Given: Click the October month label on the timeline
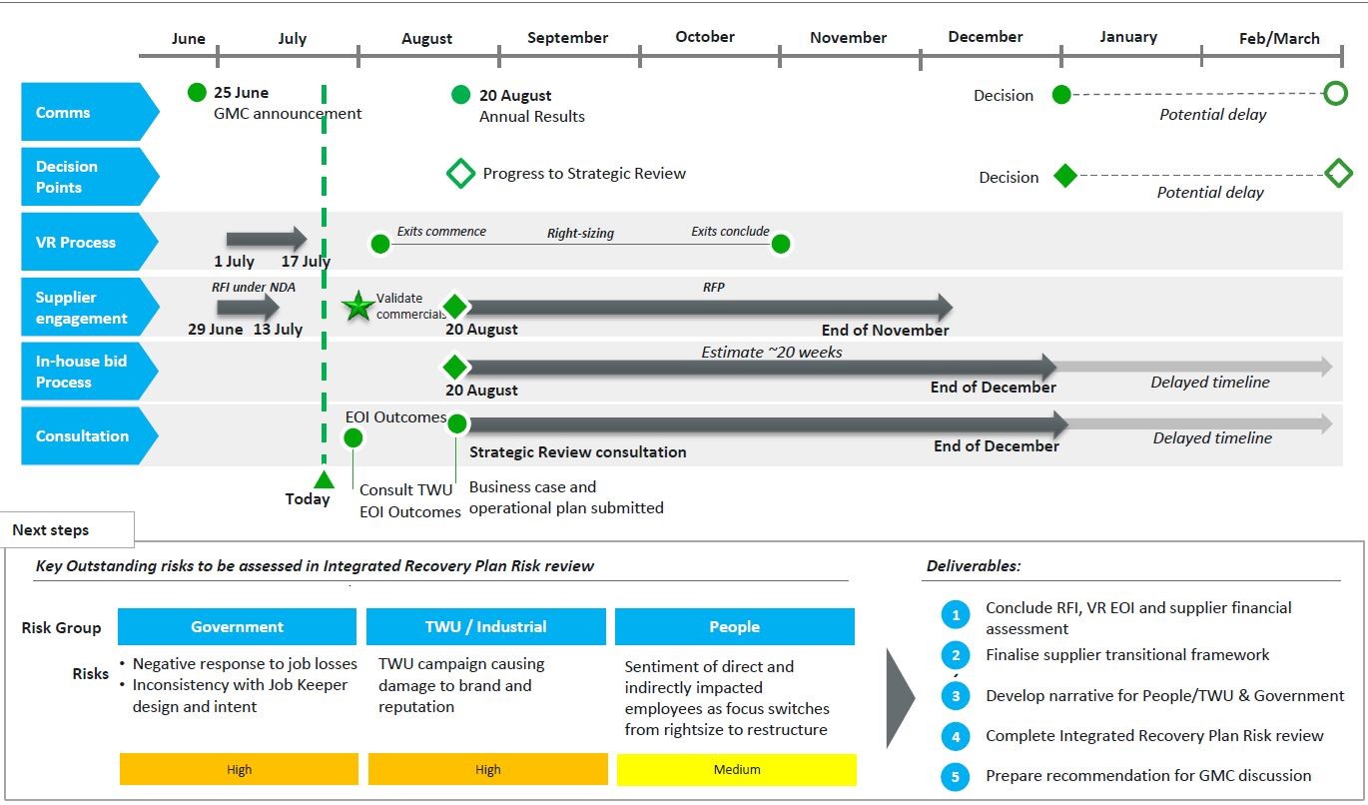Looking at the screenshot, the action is tap(705, 37).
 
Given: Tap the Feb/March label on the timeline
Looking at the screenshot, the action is tap(1279, 39).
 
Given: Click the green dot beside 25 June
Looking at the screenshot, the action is tap(197, 92).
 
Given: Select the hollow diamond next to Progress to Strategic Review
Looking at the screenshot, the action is tap(460, 174).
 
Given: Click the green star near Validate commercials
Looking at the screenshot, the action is tap(357, 306).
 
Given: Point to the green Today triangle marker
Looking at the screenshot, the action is tap(324, 479).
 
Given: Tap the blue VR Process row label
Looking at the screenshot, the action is tap(90, 242).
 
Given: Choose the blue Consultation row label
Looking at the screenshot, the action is tap(90, 435).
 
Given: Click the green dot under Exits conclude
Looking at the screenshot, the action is tap(781, 244).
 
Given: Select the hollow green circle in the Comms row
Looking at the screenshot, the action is tap(1336, 94).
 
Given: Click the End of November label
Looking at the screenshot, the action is tap(885, 331).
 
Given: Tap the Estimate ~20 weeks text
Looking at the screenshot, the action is tap(771, 352).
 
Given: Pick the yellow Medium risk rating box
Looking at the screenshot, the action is tap(737, 770).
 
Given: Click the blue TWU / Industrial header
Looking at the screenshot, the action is tap(486, 626).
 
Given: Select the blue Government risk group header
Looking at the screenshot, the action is tap(237, 626).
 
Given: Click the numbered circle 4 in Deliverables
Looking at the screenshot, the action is tap(956, 737).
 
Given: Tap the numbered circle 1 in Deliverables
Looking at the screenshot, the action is tap(956, 615).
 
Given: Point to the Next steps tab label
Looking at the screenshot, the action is tap(51, 530).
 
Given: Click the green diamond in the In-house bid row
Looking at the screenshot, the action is tap(455, 368).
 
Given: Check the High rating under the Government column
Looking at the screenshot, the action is tap(239, 770).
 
